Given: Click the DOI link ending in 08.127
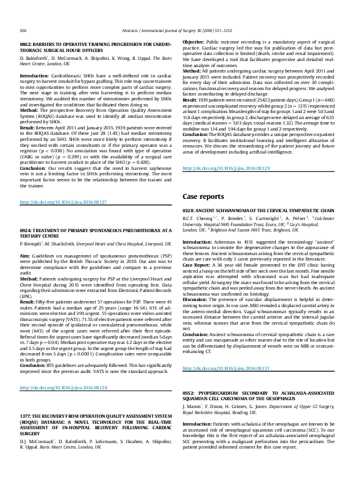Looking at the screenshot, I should (x=63, y=201).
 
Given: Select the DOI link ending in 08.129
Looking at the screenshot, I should (x=226, y=168).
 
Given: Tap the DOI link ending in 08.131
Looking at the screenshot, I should (x=226, y=351).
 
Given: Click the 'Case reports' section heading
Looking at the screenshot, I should (x=204, y=197).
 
